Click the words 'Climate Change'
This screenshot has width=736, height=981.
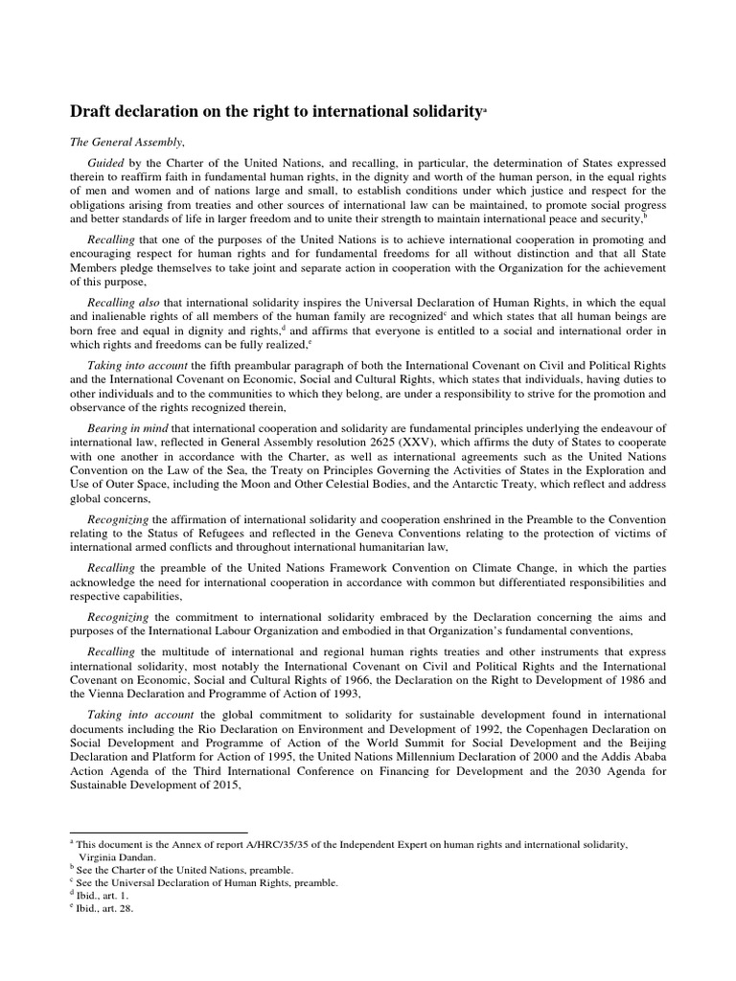pos(572,567)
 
